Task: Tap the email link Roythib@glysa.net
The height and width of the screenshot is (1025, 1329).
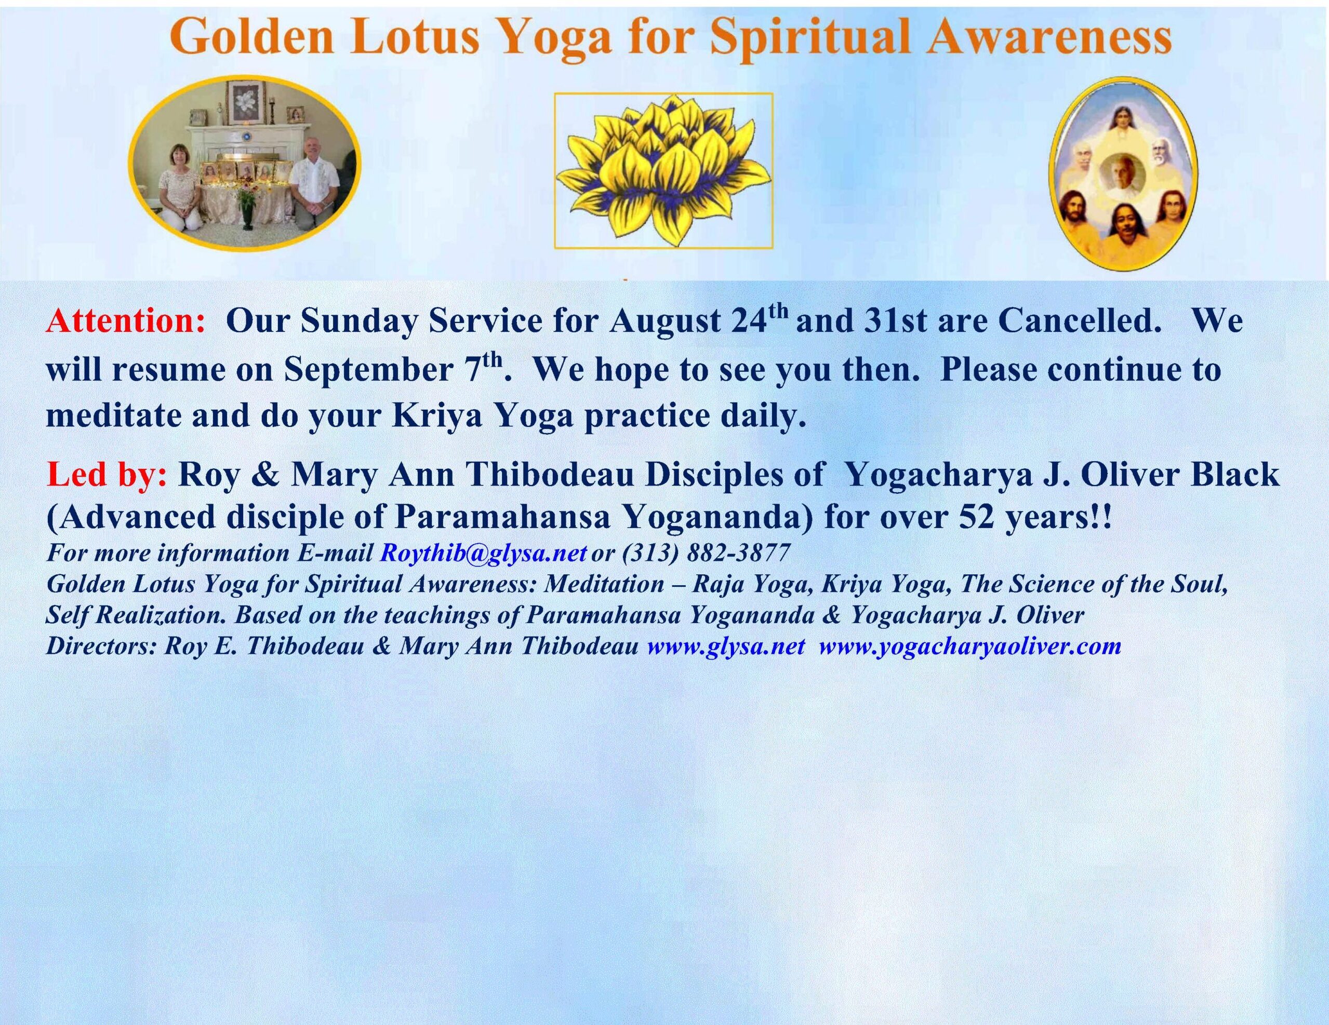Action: [x=484, y=552]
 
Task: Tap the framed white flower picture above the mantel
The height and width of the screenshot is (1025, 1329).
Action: [x=245, y=103]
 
